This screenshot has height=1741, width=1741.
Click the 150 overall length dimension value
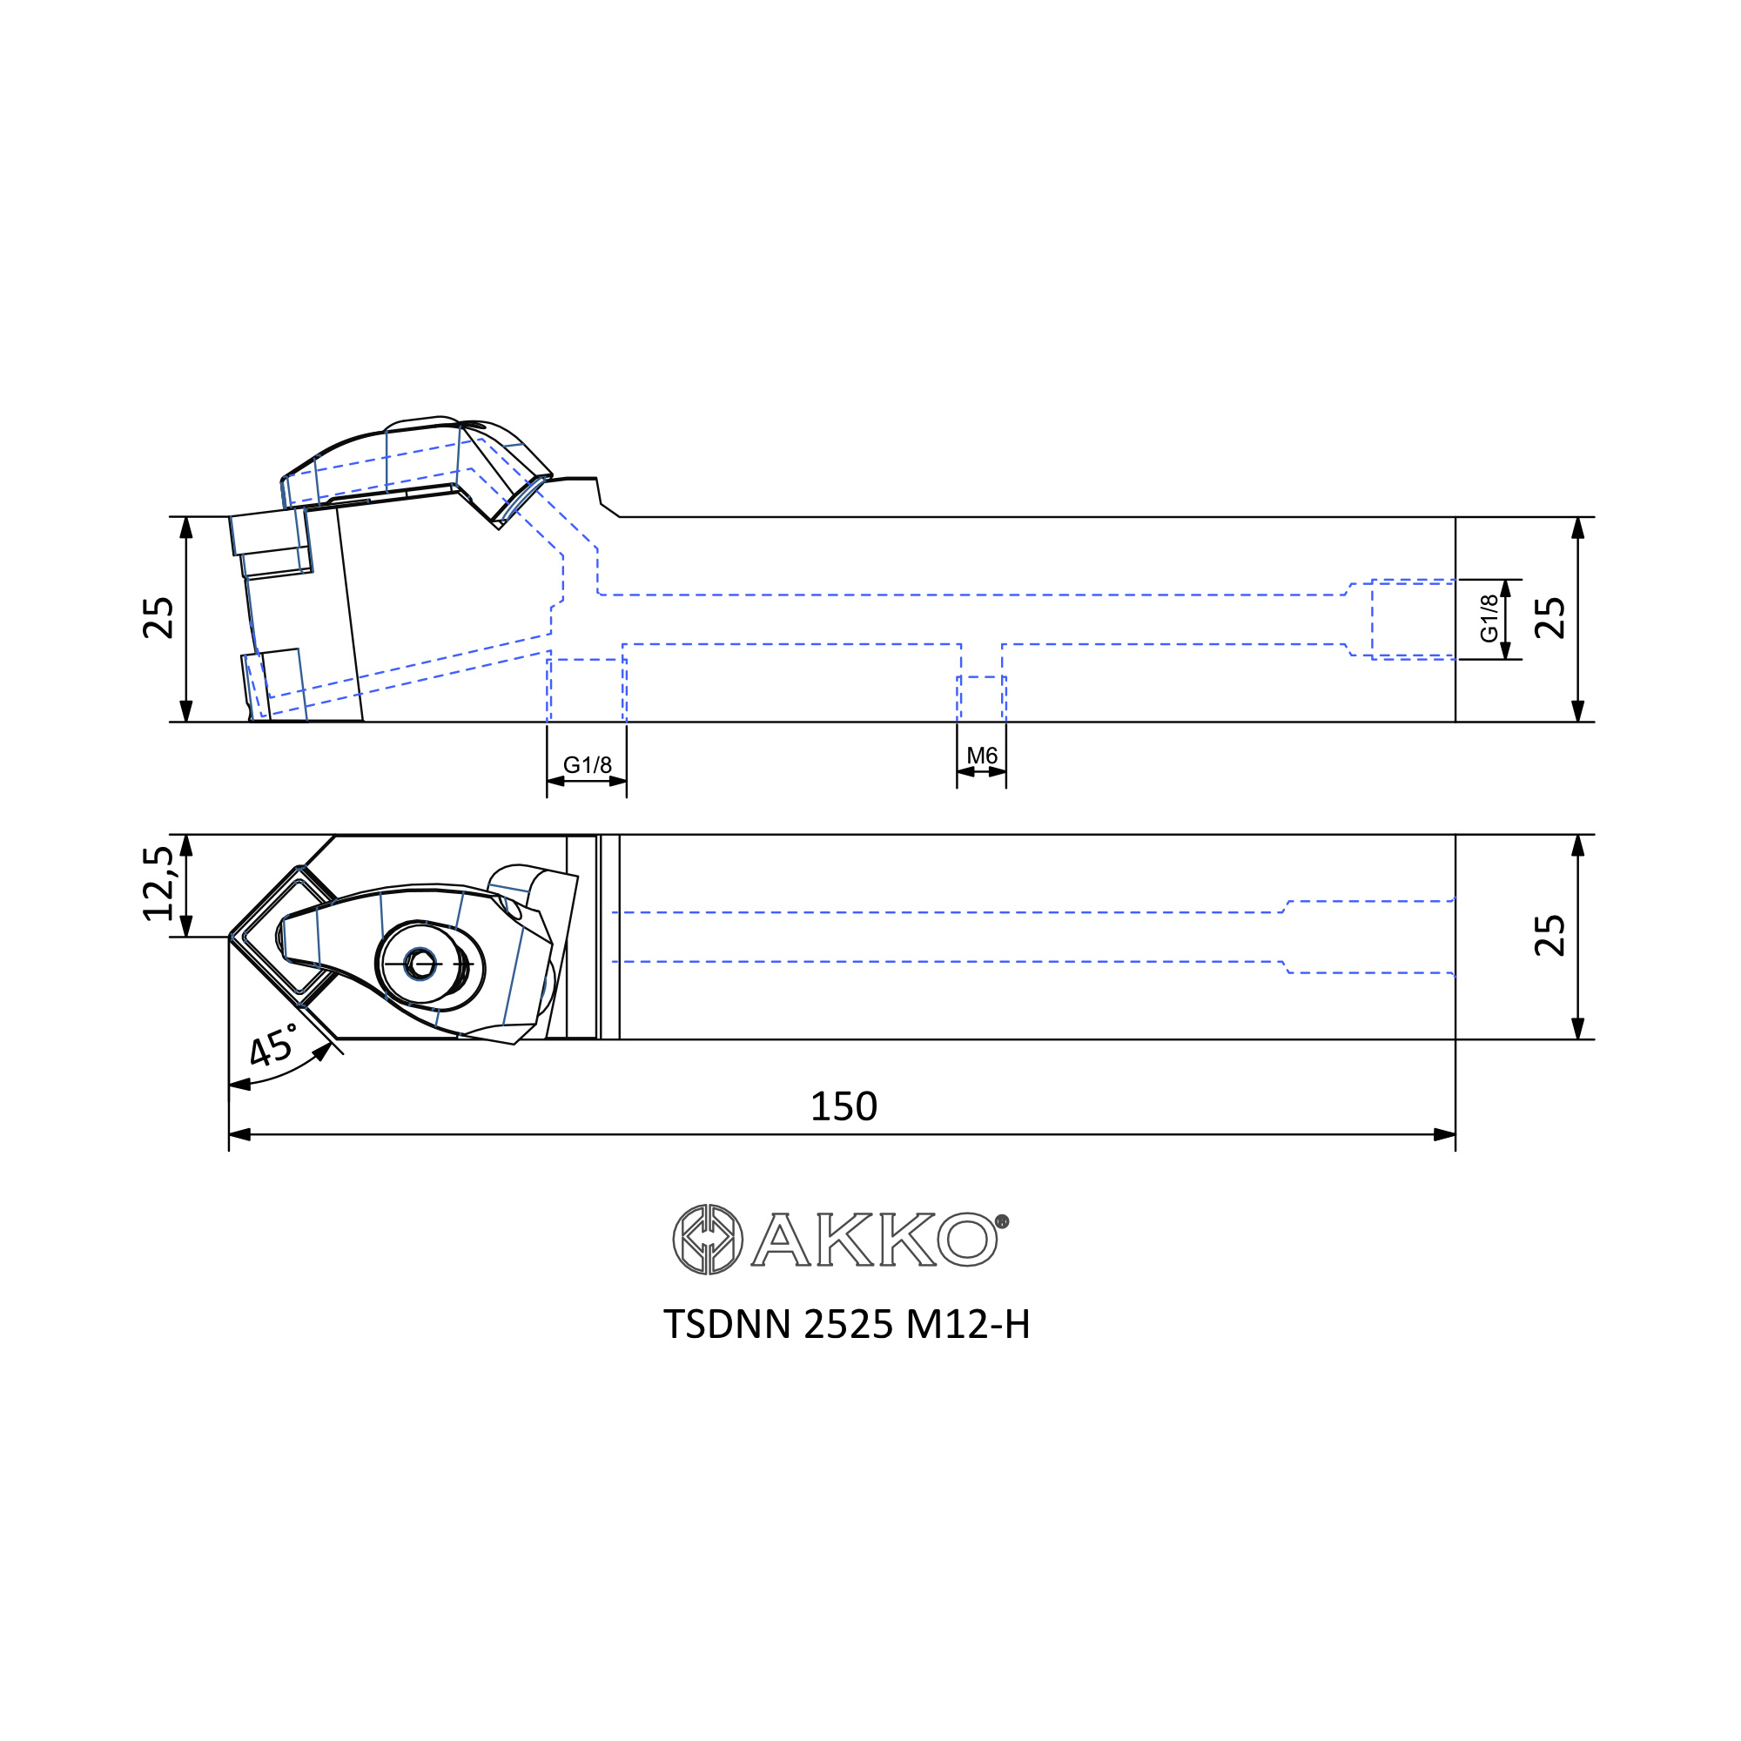click(x=844, y=1106)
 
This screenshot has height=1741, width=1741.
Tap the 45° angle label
click(x=272, y=1045)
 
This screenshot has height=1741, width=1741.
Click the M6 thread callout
click(x=981, y=756)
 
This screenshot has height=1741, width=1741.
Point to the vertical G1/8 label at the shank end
click(x=1489, y=618)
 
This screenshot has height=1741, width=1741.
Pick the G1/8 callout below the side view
click(x=588, y=765)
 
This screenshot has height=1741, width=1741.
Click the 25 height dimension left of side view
click(x=158, y=618)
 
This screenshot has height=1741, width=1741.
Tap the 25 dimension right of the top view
click(x=1549, y=936)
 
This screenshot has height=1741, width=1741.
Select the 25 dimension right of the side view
click(x=1549, y=618)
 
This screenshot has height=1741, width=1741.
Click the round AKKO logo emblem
click(x=709, y=1239)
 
